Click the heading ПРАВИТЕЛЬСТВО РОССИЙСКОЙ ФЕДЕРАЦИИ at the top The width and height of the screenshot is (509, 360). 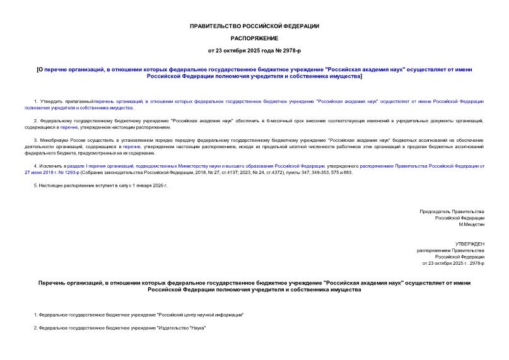254,26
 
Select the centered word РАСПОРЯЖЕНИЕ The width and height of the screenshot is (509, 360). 254,38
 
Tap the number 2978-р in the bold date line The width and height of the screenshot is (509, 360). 287,50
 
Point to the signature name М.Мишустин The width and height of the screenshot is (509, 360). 471,224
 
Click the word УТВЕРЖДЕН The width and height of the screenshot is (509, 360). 470,243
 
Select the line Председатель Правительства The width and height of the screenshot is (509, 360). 452,211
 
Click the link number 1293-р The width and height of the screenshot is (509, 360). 69,171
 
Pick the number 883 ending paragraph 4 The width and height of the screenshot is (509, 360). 348,171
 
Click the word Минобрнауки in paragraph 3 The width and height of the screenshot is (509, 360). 53,140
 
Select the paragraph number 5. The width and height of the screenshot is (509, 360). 34,186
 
